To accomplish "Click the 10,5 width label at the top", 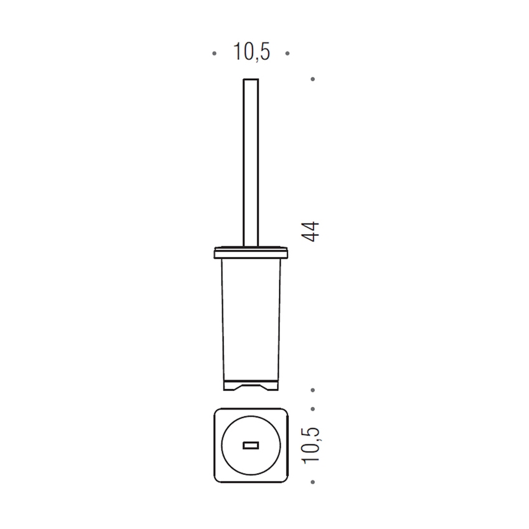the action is coord(251,52).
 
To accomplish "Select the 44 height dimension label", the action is coord(310,232).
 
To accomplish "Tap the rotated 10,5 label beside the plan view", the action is coord(311,446).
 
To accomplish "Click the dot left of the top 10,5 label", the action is coord(214,54).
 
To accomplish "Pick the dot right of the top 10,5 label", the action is coord(288,54).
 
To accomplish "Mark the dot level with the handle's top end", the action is coord(313,79).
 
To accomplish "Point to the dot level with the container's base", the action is coord(313,390).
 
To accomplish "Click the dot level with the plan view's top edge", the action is coord(313,409).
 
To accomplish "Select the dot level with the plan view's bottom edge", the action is coord(313,482).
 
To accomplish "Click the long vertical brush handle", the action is coord(251,162).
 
